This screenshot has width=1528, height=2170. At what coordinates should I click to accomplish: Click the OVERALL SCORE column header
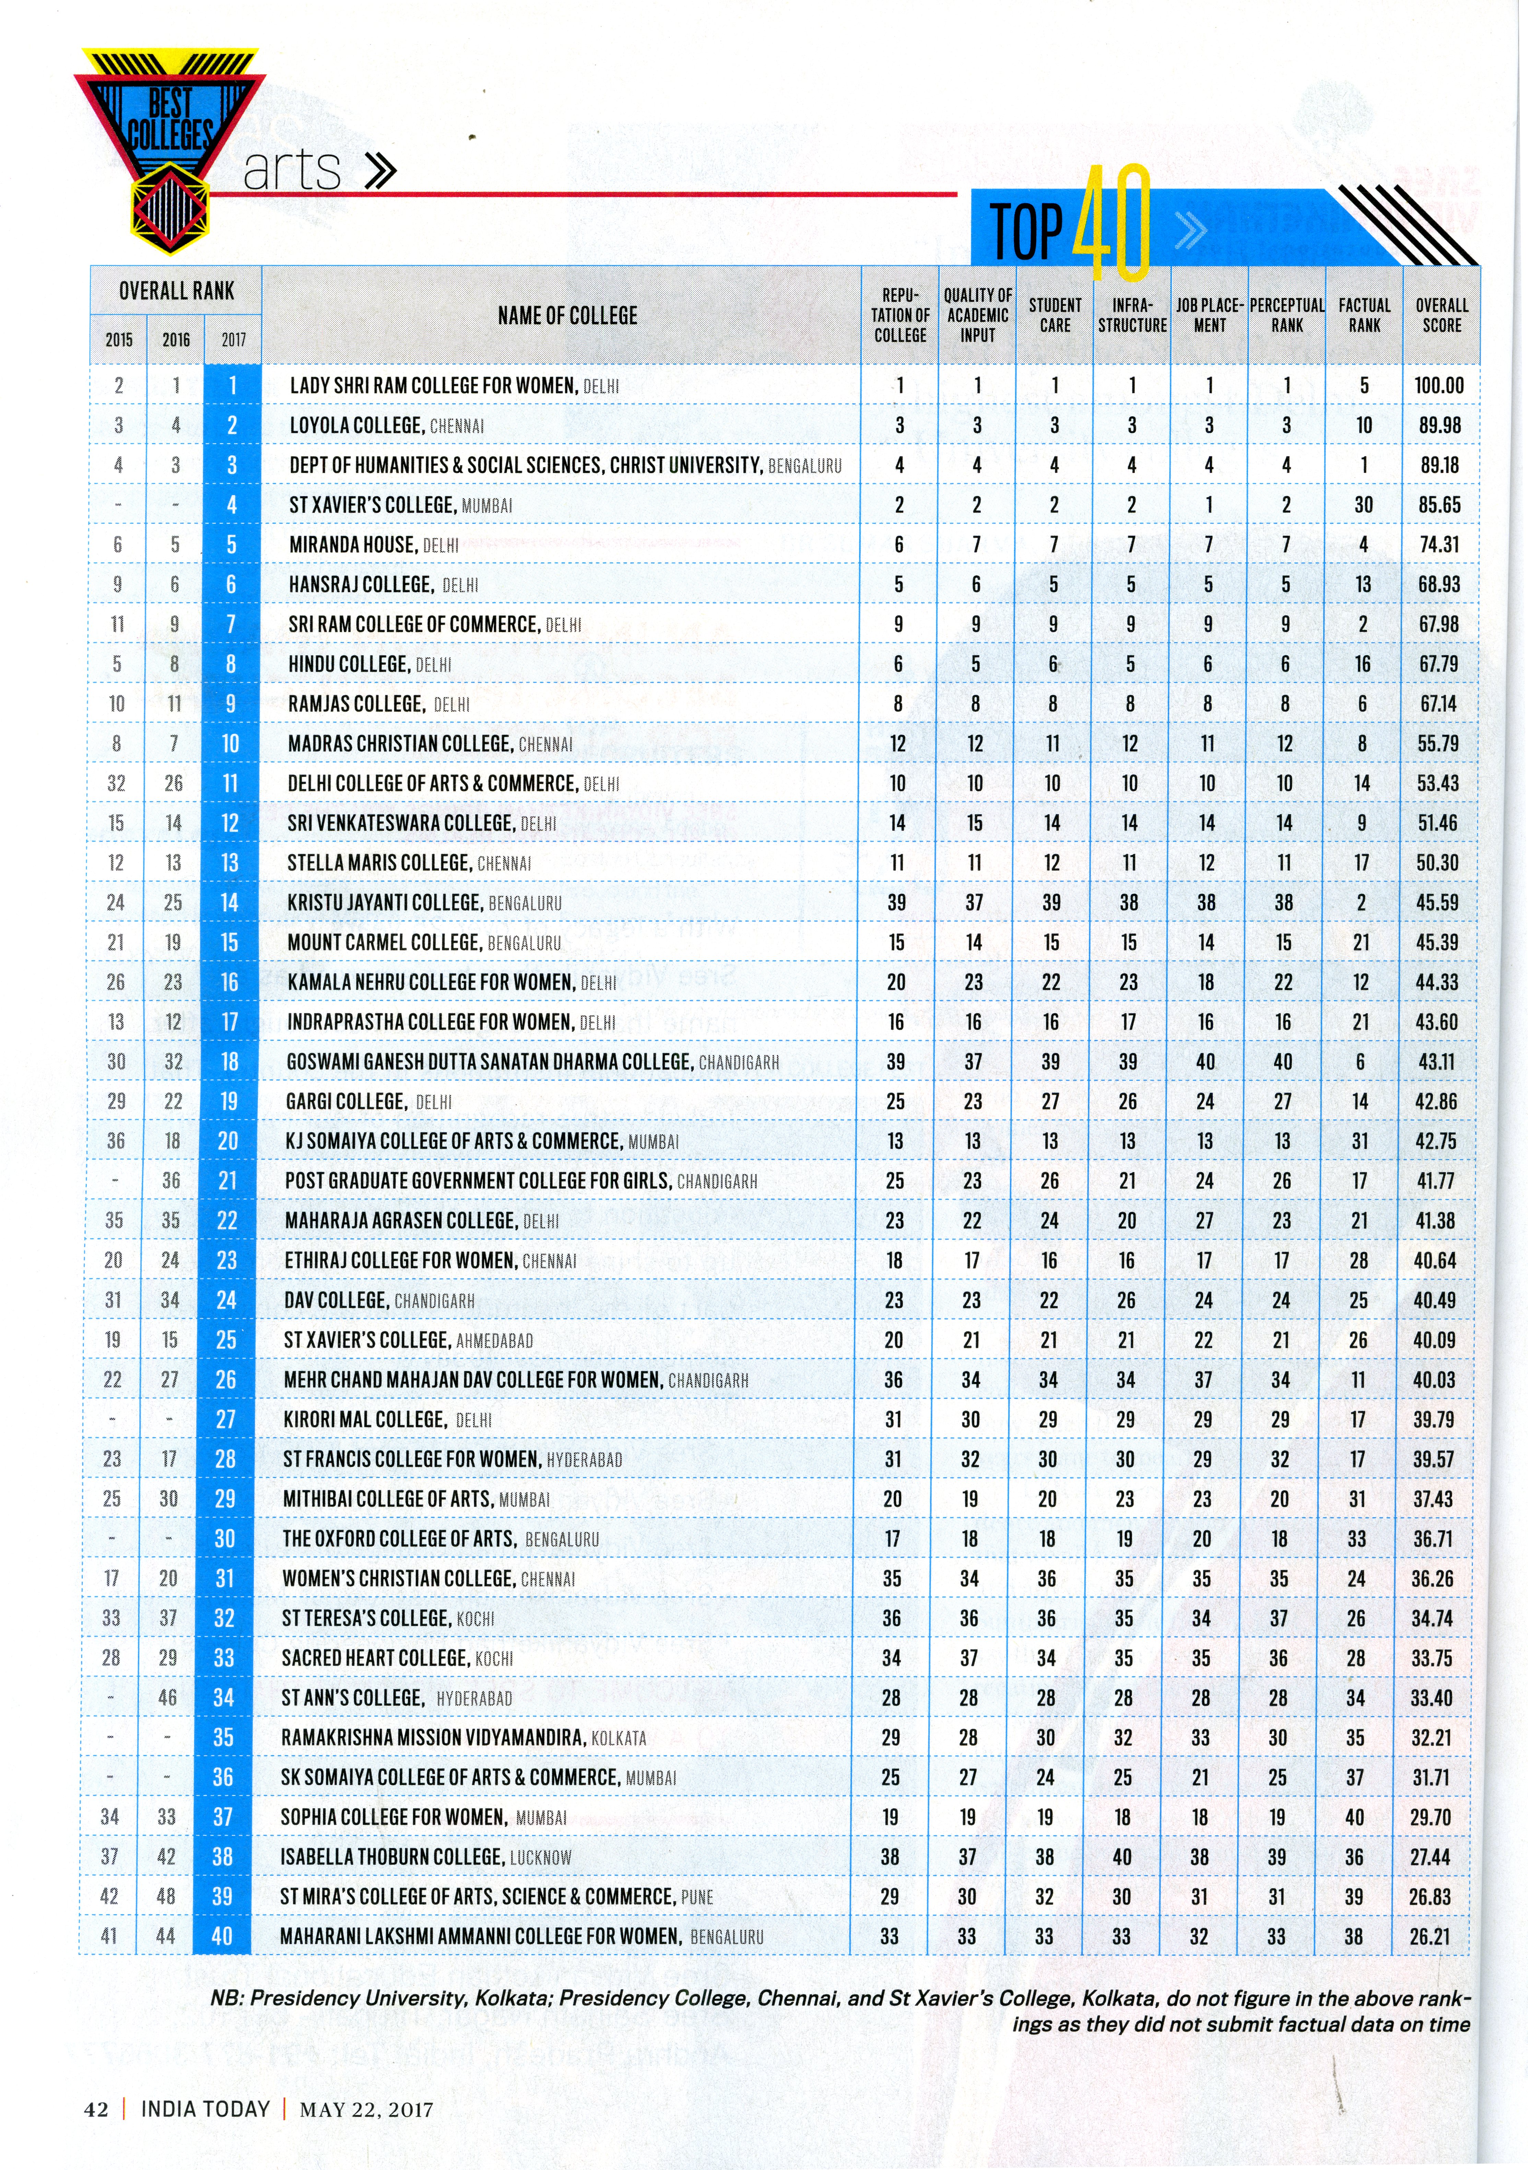coord(1441,315)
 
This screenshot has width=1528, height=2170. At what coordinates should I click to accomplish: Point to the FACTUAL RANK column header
coord(1364,315)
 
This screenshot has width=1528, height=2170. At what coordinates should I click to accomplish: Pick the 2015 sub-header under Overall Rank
coord(119,339)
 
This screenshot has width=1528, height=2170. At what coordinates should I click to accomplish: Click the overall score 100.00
coord(1438,386)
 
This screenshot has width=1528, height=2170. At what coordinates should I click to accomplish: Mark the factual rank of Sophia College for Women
coord(1354,1817)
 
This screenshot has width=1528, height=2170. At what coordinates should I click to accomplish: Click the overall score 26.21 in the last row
coord(1429,1937)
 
